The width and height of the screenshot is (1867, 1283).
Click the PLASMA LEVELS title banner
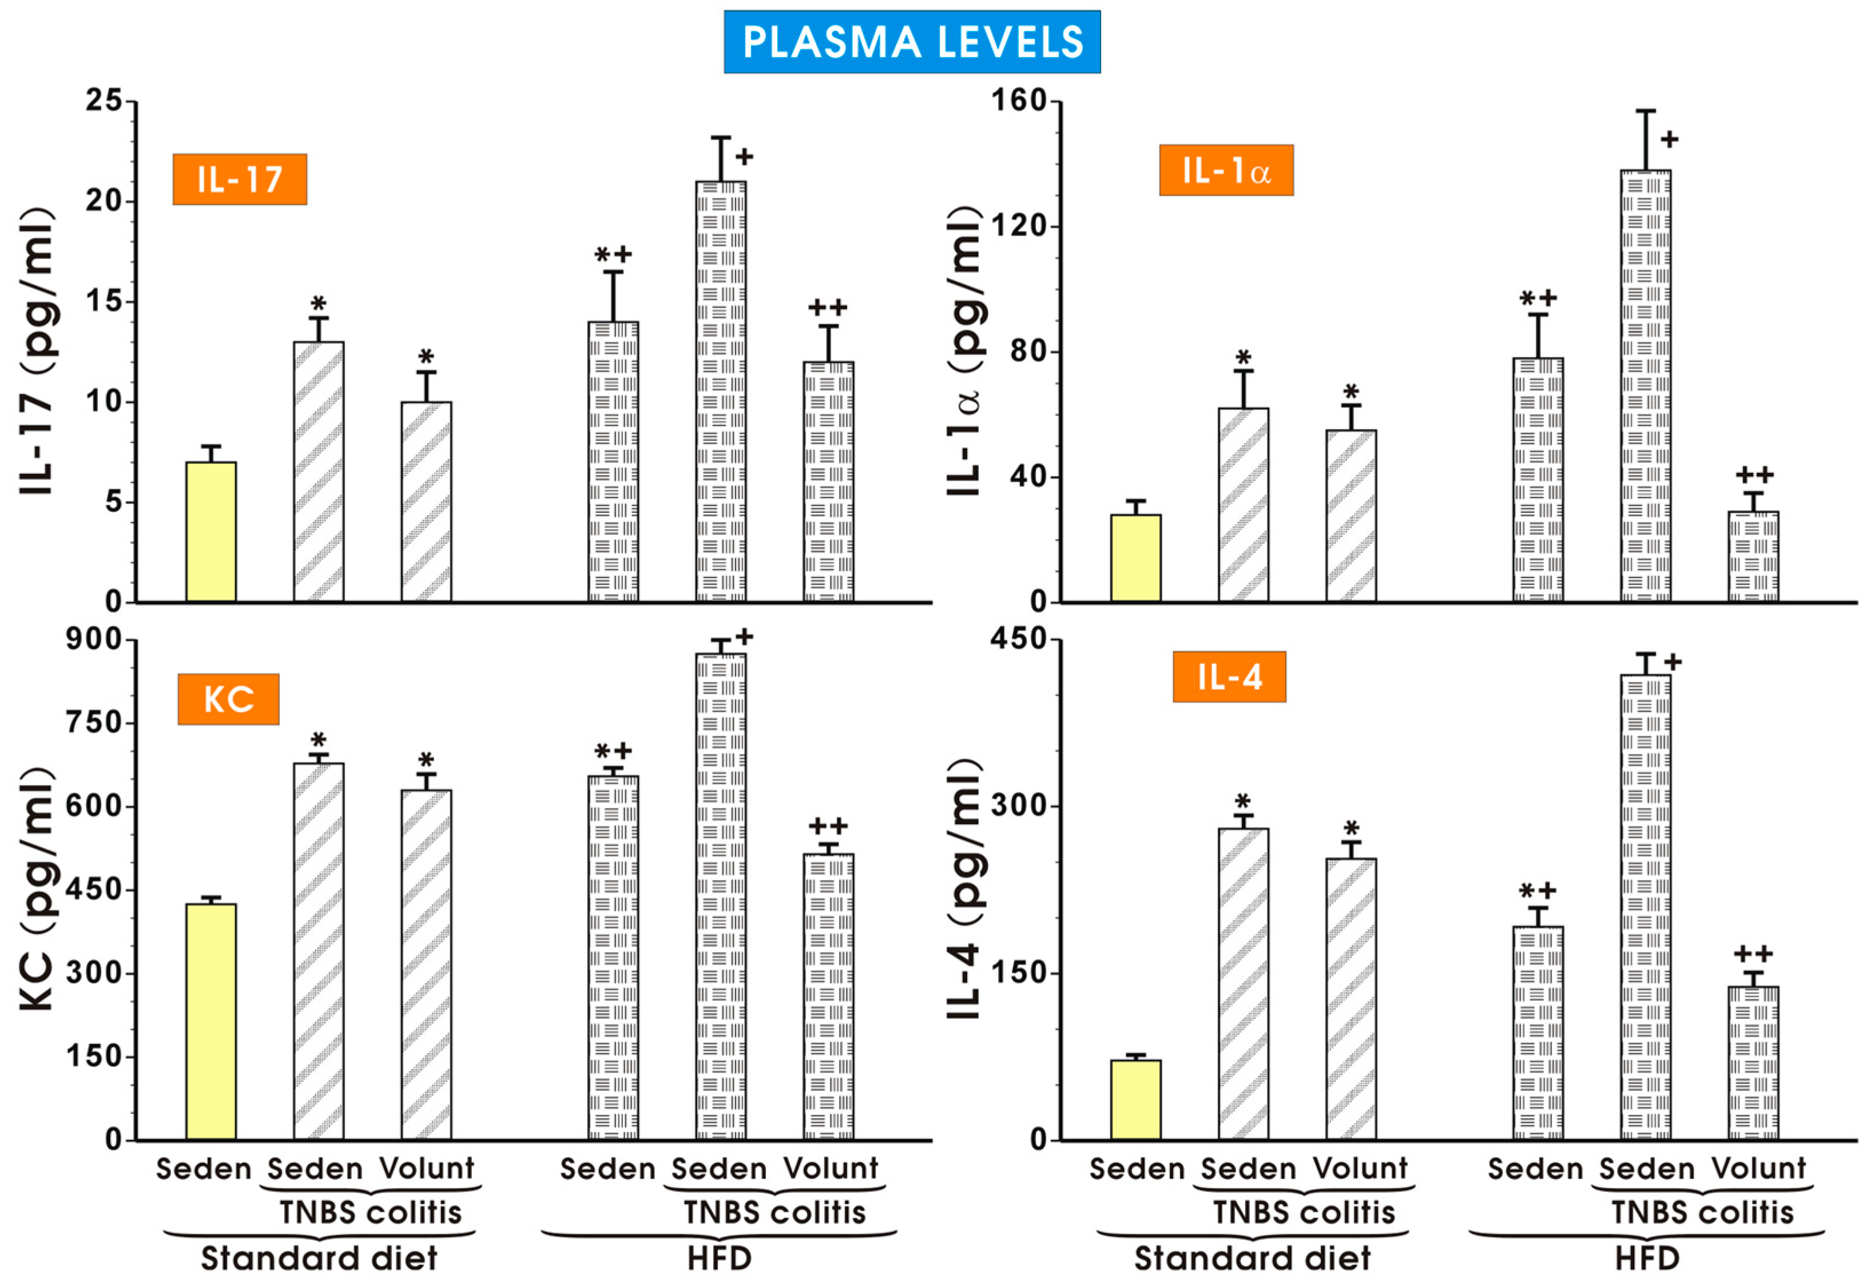(x=911, y=42)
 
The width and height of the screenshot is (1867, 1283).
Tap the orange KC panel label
(x=228, y=699)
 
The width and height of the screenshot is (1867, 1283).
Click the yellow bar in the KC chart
(x=210, y=1021)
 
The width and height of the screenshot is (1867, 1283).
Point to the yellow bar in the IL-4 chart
(x=1135, y=1099)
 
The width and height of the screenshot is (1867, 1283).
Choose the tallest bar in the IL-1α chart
(x=1645, y=386)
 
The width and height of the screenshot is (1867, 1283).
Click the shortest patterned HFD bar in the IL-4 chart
(x=1753, y=1063)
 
